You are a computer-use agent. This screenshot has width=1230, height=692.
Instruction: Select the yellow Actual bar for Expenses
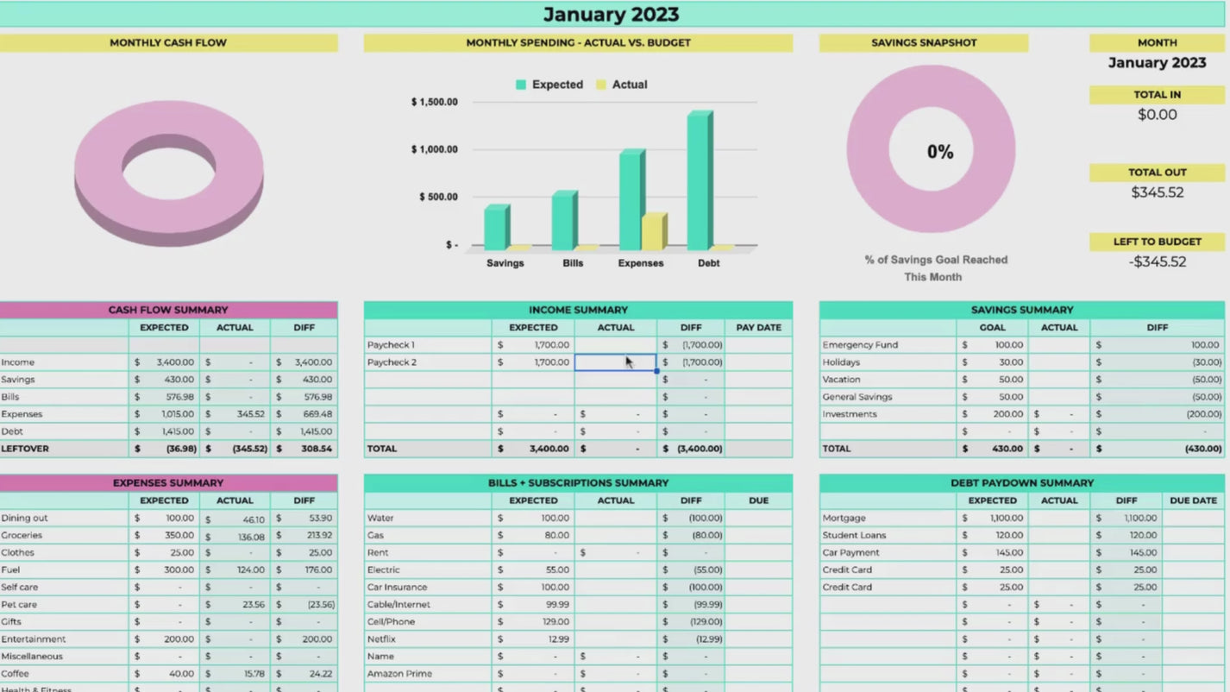click(652, 231)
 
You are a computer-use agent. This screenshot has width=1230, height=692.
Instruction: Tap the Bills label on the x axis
click(573, 263)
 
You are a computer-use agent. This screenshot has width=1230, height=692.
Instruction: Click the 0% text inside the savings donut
click(940, 153)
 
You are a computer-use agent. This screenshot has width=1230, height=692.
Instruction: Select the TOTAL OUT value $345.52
click(1157, 192)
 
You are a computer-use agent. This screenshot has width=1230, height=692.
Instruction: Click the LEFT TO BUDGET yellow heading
click(1157, 242)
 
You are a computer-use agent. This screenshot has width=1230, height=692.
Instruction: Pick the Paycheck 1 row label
click(391, 345)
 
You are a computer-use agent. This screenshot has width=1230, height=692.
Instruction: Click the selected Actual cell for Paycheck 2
click(615, 362)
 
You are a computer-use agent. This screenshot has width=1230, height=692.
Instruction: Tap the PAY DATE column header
click(758, 328)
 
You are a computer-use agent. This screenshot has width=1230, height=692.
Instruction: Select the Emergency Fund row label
click(860, 345)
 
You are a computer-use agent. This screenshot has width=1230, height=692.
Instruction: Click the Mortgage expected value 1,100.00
click(1004, 519)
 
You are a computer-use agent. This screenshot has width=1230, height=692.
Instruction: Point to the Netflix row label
click(381, 639)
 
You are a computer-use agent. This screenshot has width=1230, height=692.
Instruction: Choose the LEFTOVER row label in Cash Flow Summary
click(25, 449)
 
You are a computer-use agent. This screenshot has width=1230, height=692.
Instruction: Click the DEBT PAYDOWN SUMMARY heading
click(1021, 483)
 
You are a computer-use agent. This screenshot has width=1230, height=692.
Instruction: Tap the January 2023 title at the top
click(611, 15)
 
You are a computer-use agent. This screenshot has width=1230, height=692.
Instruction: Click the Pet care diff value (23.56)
click(319, 605)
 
